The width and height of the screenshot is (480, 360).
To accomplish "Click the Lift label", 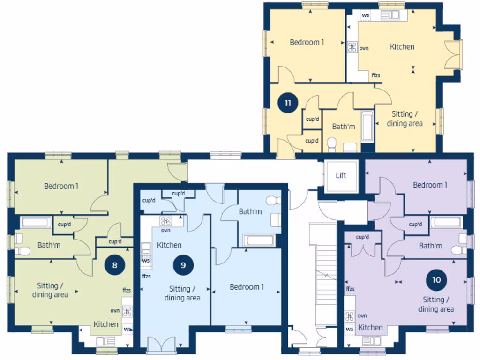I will tap(341, 175).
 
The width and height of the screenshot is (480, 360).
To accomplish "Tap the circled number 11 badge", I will tap(287, 103).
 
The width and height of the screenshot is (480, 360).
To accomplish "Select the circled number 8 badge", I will tap(115, 264).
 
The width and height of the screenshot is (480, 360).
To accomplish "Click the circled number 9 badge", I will tap(183, 265).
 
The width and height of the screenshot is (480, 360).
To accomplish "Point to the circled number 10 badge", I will tap(436, 280).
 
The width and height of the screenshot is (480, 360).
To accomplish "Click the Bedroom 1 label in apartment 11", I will tap(307, 42).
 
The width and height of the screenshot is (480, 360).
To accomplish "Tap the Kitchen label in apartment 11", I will tap(402, 46).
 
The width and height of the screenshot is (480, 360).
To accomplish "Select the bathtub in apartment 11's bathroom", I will tap(367, 126).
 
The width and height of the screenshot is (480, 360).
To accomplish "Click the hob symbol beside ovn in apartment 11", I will tap(352, 47).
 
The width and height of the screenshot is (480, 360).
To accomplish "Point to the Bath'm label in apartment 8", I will tap(49, 245).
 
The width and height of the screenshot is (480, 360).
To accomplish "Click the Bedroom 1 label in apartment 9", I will tap(247, 287).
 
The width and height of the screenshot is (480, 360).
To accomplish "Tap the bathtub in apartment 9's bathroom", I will tap(259, 240).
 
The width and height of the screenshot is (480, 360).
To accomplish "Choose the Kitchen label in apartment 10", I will tap(371, 327).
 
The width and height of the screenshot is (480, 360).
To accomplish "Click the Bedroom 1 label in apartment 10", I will tap(430, 185).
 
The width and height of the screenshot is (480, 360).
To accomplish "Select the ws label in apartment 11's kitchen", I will tap(366, 15).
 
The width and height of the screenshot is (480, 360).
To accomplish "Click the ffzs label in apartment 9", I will tap(146, 276).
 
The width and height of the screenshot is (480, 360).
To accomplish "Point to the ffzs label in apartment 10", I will tap(350, 289).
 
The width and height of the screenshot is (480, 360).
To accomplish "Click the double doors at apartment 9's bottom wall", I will tap(161, 345).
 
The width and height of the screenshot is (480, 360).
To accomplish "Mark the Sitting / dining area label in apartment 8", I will tap(50, 290).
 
